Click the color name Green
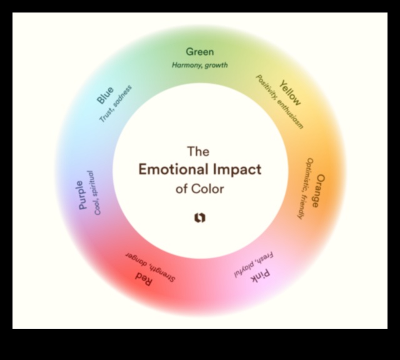(x=200, y=52)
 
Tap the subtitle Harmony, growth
(x=200, y=65)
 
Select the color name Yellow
(x=291, y=92)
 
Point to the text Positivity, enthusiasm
(x=279, y=102)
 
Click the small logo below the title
(x=199, y=218)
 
